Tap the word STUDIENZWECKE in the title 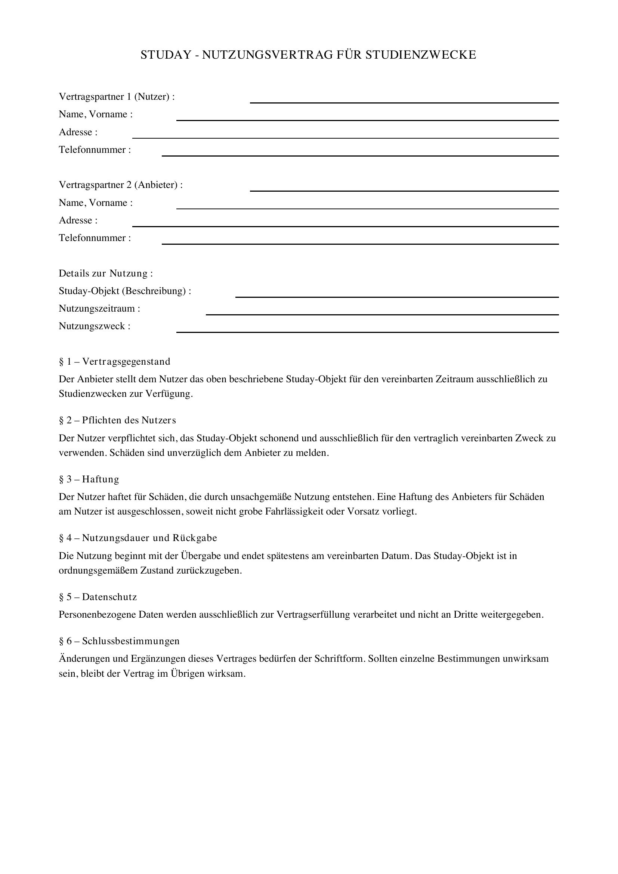(420, 55)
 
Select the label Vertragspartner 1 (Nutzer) (117, 97)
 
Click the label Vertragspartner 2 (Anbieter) (121, 185)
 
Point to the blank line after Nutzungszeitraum (382, 314)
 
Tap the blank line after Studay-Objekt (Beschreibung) (397, 296)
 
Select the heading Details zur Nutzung (105, 273)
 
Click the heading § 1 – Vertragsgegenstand (115, 361)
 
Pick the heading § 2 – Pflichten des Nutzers (117, 420)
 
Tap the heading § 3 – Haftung (89, 479)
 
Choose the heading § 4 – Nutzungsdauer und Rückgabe (138, 538)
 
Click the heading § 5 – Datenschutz (98, 597)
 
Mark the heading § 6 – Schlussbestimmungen (119, 641)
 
